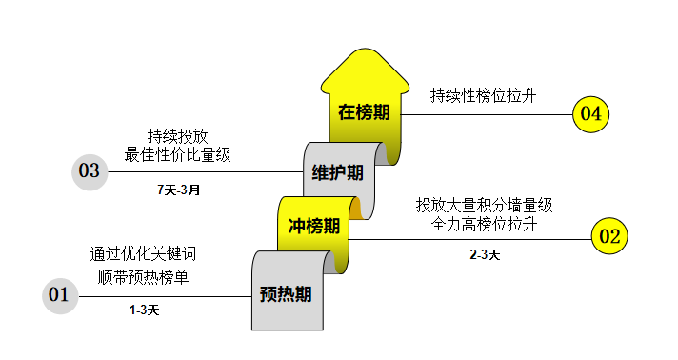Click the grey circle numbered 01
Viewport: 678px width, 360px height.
(59, 295)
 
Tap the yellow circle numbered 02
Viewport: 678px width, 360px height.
(608, 236)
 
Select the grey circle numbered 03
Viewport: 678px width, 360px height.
(90, 171)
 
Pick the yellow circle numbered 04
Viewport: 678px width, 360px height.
(590, 114)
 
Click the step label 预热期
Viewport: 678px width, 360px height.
(286, 295)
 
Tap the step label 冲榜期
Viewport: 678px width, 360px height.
(314, 227)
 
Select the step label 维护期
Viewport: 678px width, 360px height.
(337, 172)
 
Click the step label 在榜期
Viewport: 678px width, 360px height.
(364, 112)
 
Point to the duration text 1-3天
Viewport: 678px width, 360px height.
(145, 310)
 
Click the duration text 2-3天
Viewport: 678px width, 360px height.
(485, 254)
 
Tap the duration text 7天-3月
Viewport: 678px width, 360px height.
(179, 190)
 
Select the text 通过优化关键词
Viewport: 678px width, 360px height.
(144, 254)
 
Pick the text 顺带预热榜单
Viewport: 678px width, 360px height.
(144, 278)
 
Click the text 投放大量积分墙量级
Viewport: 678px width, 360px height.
(484, 205)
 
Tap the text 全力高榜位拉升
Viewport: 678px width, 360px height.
(484, 226)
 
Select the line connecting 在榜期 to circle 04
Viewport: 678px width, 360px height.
(486, 114)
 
